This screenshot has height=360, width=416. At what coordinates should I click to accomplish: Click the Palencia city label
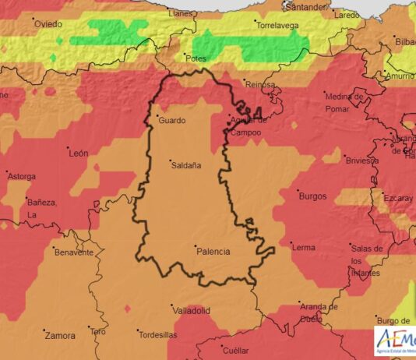pyautogui.click(x=213, y=252)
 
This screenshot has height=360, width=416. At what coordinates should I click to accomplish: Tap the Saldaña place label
pyautogui.click(x=185, y=165)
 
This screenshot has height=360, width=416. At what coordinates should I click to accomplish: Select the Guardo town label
pyautogui.click(x=171, y=121)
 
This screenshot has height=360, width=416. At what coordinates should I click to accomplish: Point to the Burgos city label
pyautogui.click(x=312, y=196)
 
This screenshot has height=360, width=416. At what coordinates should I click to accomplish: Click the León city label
pyautogui.click(x=79, y=154)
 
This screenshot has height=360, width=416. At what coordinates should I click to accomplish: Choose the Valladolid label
pyautogui.click(x=192, y=310)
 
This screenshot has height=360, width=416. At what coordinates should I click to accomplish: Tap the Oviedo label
pyautogui.click(x=48, y=24)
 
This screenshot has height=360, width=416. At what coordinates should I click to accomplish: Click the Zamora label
pyautogui.click(x=61, y=336)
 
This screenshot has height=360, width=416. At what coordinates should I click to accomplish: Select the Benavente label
pyautogui.click(x=75, y=252)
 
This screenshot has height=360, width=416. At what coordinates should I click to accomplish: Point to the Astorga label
pyautogui.click(x=21, y=176)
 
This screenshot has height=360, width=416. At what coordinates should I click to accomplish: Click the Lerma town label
pyautogui.click(x=303, y=247)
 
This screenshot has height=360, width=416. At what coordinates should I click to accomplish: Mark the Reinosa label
pyautogui.click(x=260, y=84)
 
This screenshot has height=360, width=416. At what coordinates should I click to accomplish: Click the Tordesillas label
pyautogui.click(x=158, y=335)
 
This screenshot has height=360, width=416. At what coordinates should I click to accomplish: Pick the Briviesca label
pyautogui.click(x=361, y=161)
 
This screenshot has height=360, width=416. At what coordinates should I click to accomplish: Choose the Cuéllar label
pyautogui.click(x=235, y=351)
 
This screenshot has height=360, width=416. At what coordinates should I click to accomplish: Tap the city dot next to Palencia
pyautogui.click(x=194, y=245)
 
